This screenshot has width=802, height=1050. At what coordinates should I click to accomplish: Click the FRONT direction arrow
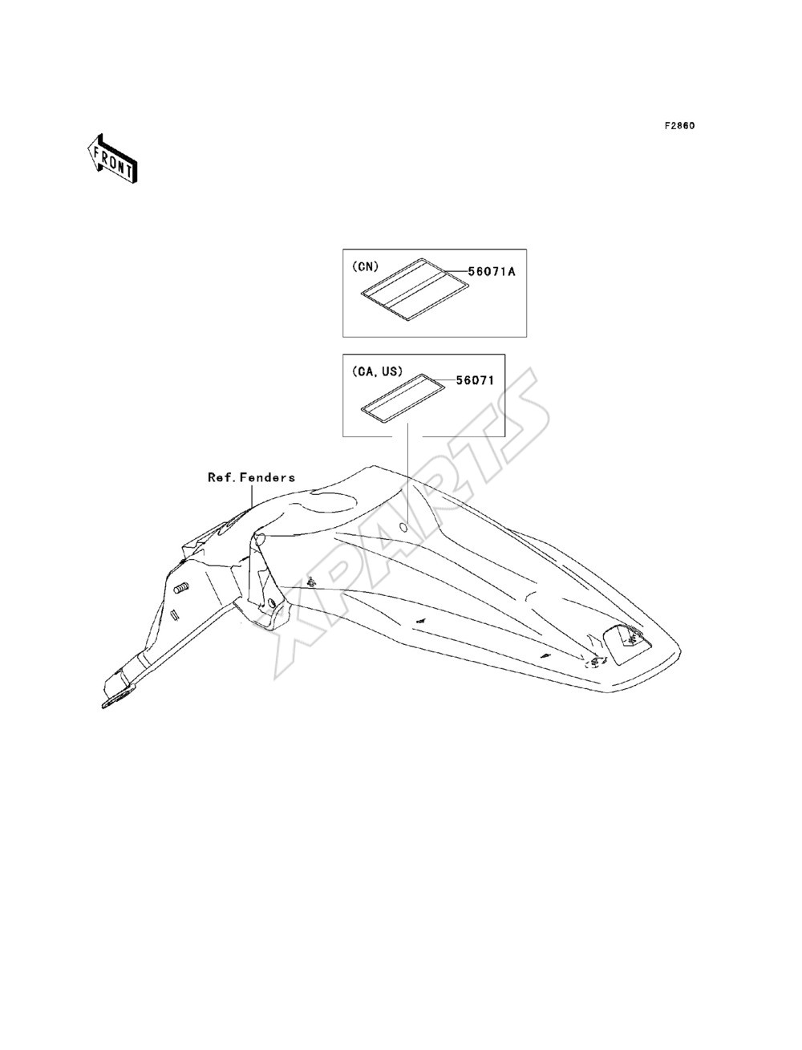112,158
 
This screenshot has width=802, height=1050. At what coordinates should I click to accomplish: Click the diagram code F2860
679,126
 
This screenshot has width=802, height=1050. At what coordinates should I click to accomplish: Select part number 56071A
492,272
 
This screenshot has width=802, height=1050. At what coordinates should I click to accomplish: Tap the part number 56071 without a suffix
475,380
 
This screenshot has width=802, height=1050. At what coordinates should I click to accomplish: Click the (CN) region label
365,266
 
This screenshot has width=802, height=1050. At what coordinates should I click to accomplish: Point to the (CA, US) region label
377,371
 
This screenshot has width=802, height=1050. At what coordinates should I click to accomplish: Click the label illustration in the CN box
414,290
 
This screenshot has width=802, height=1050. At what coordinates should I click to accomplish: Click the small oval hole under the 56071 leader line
403,528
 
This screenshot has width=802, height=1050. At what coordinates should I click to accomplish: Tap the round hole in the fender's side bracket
271,603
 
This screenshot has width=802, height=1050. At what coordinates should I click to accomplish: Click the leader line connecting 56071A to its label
456,272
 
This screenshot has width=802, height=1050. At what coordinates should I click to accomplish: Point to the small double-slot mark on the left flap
174,615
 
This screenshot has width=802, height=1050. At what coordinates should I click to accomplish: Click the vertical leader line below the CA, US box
407,473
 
